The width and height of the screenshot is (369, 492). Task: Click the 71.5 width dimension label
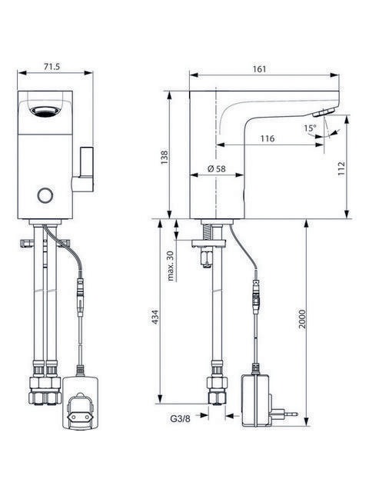(x=52, y=67)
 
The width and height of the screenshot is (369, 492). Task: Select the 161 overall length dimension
(x=259, y=69)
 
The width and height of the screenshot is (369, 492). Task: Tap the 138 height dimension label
(x=165, y=158)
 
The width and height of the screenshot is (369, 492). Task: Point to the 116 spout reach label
(x=268, y=138)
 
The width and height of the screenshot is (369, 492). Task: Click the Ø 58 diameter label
(x=217, y=169)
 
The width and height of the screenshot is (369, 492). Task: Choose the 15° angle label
(x=310, y=128)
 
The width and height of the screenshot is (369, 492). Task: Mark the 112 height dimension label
(x=341, y=168)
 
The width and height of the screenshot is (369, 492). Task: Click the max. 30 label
(x=171, y=265)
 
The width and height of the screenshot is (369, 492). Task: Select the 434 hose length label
(x=155, y=317)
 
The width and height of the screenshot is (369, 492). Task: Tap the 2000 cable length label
(x=302, y=319)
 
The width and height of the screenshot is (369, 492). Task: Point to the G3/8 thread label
(x=180, y=418)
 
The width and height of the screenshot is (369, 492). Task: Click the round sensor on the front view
(x=45, y=195)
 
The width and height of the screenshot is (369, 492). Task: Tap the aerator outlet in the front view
(x=45, y=111)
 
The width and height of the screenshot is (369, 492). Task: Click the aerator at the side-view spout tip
(x=324, y=112)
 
